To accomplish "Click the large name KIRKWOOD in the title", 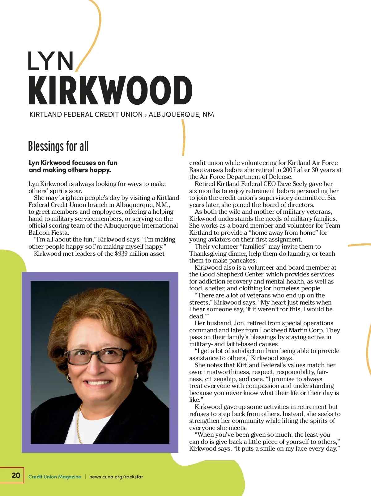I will (110, 90).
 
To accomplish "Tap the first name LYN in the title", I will (51, 61).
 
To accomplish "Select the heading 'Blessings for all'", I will (58, 146).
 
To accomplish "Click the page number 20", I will (16, 475).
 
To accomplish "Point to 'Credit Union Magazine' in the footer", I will (55, 477).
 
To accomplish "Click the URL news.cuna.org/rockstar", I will (116, 477).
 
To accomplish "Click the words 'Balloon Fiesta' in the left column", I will (48, 233).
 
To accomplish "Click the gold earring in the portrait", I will (136, 376).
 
